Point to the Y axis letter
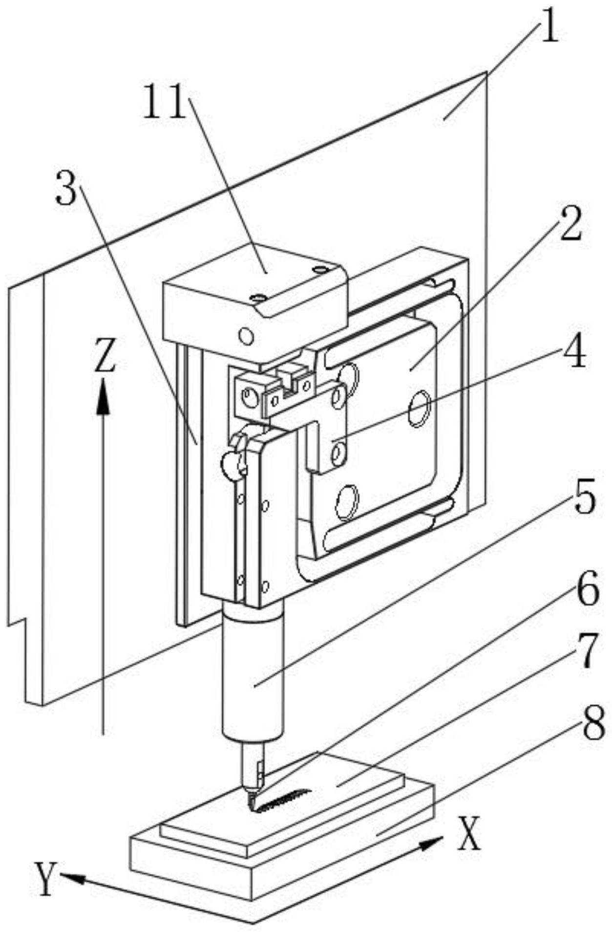(45, 878)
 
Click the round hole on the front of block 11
(246, 336)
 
